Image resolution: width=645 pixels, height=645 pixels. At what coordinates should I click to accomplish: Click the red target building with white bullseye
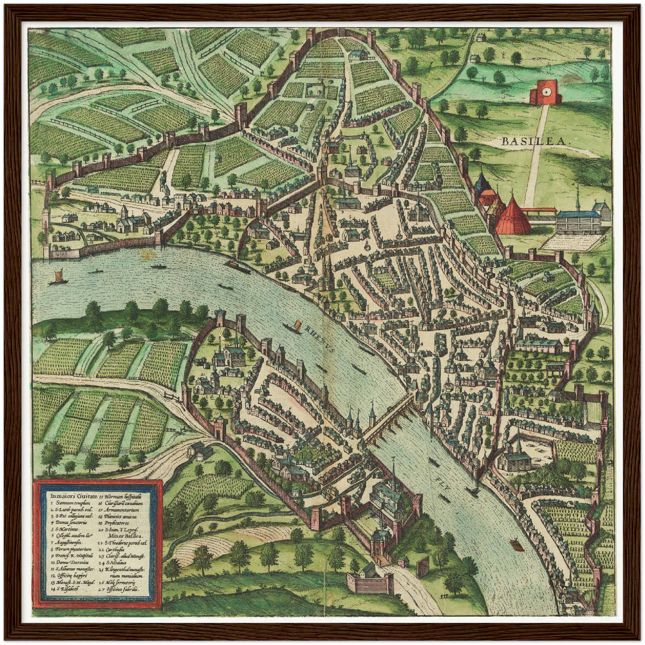coord(544,92)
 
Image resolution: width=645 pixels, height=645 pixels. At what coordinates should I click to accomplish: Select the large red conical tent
coord(513,216)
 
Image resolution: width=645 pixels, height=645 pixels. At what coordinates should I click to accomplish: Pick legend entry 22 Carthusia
coord(119,550)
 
